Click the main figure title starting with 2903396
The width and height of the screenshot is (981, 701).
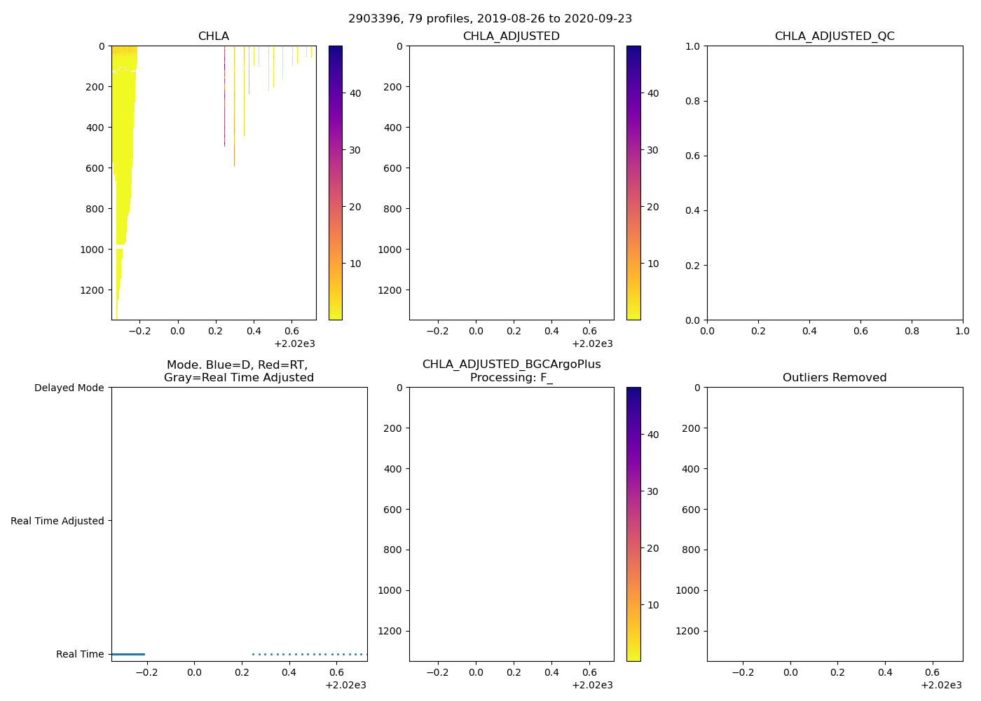pyautogui.click(x=490, y=19)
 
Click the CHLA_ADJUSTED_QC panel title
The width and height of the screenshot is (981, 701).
pyautogui.click(x=834, y=36)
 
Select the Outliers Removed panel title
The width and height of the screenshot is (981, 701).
pyautogui.click(x=834, y=378)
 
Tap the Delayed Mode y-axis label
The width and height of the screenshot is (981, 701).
pyautogui.click(x=69, y=388)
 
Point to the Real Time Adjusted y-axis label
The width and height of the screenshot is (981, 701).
pyautogui.click(x=57, y=521)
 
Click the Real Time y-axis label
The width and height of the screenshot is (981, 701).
pyautogui.click(x=80, y=654)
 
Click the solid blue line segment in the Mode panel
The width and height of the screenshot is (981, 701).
pyautogui.click(x=128, y=654)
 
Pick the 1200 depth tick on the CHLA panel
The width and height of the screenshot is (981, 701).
pyautogui.click(x=92, y=290)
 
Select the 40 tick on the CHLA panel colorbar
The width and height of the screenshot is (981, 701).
pyautogui.click(x=355, y=93)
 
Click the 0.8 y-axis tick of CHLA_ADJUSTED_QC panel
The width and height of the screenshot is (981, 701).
pyautogui.click(x=692, y=101)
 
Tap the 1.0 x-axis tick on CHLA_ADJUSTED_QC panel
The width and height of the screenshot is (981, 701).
pyautogui.click(x=962, y=331)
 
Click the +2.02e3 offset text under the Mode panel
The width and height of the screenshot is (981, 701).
pyautogui.click(x=345, y=685)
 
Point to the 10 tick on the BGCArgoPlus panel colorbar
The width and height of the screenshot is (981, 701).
pyautogui.click(x=653, y=605)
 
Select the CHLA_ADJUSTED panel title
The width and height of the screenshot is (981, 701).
pyautogui.click(x=511, y=36)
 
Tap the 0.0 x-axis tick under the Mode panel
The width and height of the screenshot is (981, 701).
pyautogui.click(x=194, y=672)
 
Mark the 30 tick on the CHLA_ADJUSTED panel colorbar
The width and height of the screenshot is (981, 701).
pyautogui.click(x=653, y=150)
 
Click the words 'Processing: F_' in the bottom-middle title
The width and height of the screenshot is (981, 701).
pyautogui.click(x=511, y=378)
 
